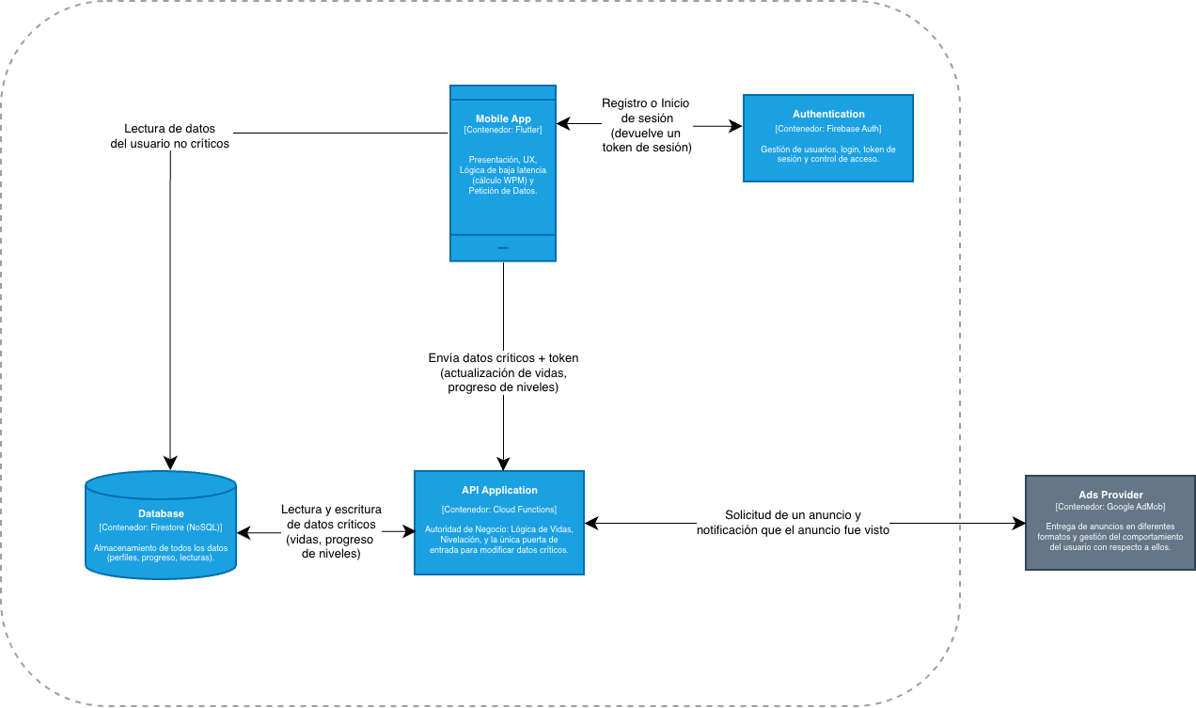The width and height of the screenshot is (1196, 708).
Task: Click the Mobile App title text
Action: pyautogui.click(x=503, y=118)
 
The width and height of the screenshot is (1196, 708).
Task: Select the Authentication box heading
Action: pyautogui.click(x=828, y=114)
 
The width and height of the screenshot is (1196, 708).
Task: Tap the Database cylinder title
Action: pyautogui.click(x=161, y=513)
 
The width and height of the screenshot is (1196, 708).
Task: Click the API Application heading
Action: pyautogui.click(x=499, y=490)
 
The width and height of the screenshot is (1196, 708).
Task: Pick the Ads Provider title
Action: pyautogui.click(x=1110, y=495)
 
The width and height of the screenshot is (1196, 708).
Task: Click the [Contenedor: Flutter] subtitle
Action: pyautogui.click(x=503, y=130)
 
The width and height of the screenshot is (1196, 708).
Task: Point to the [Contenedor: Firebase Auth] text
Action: pyautogui.click(x=828, y=129)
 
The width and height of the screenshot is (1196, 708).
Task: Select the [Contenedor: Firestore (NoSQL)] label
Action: pyautogui.click(x=161, y=527)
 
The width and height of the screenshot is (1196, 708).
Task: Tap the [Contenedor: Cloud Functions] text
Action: pyautogui.click(x=499, y=510)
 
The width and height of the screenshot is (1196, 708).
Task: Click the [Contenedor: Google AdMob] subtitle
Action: pyautogui.click(x=1110, y=507)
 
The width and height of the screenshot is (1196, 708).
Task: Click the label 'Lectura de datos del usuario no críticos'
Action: pyautogui.click(x=169, y=136)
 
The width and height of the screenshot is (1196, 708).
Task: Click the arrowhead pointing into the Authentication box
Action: pyautogui.click(x=736, y=124)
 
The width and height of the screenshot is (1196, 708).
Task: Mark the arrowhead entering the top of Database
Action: pyautogui.click(x=170, y=463)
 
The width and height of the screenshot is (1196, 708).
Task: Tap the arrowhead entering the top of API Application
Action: pyautogui.click(x=503, y=463)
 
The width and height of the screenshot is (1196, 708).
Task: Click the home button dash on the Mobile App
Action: pyautogui.click(x=503, y=248)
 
